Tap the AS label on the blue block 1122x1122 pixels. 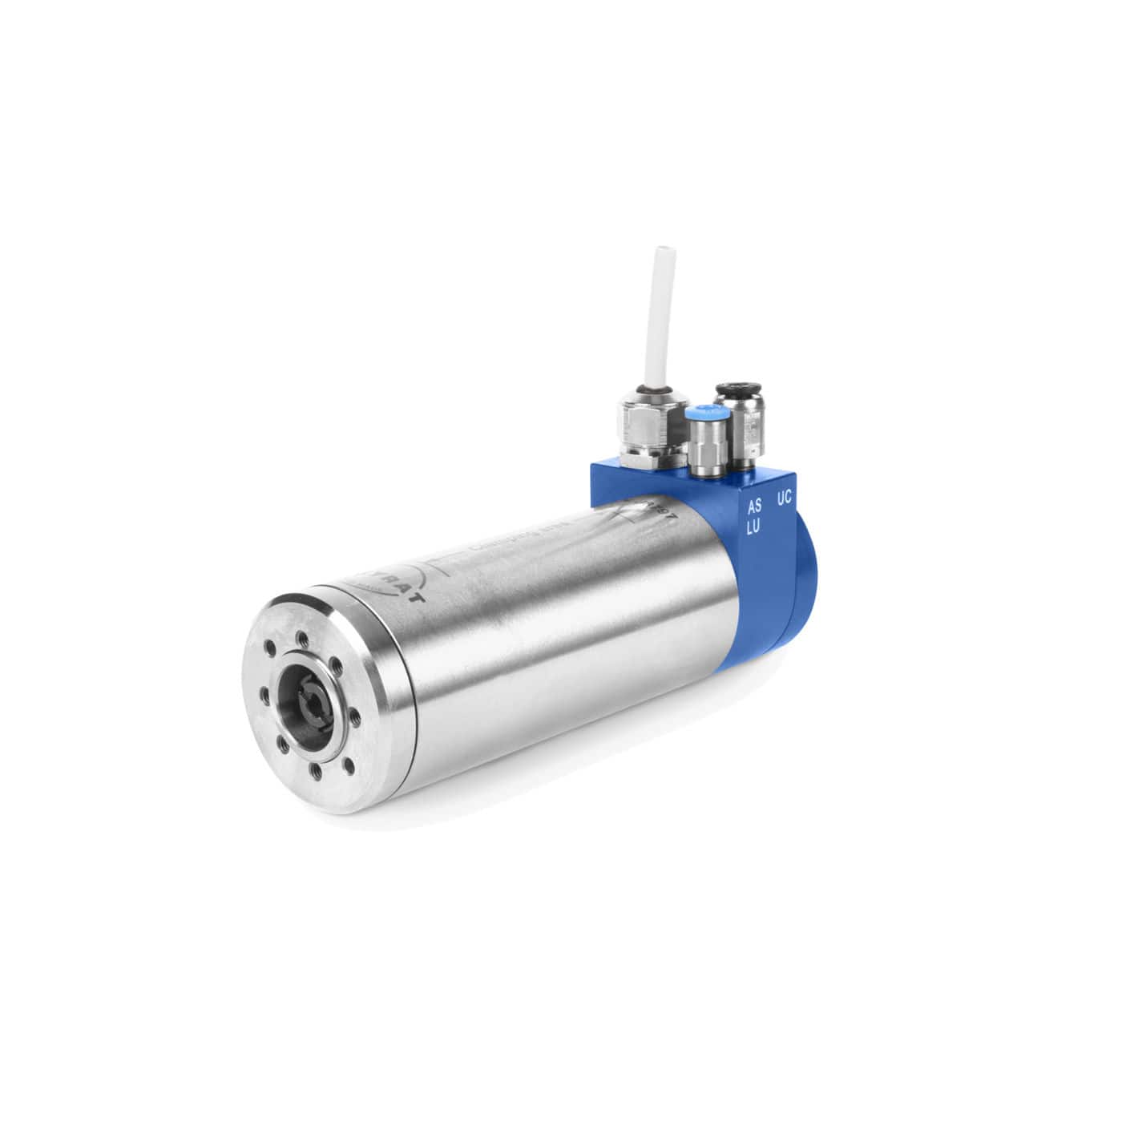(x=754, y=507)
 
